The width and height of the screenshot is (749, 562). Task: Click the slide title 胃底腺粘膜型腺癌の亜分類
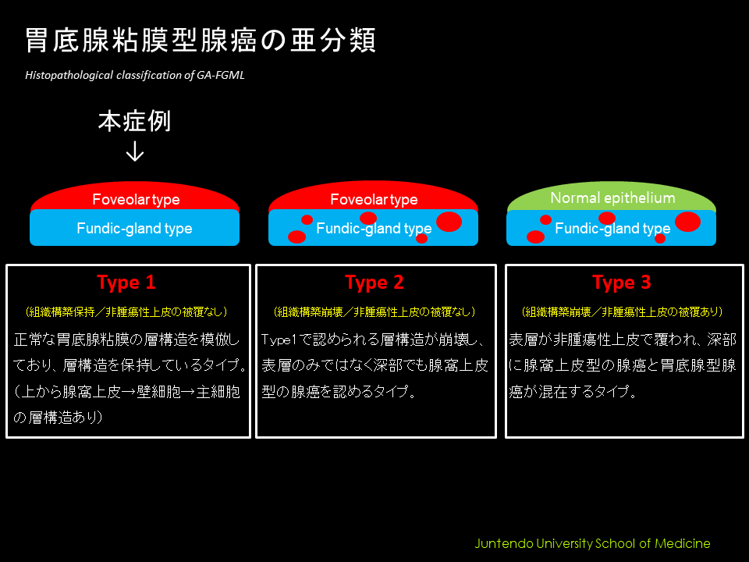[x=201, y=40]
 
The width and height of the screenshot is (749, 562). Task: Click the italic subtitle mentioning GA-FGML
[x=135, y=75]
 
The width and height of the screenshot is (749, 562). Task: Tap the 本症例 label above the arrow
[x=134, y=121]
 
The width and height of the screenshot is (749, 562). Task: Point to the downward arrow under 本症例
[x=135, y=151]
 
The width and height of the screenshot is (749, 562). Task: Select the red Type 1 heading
[x=126, y=283]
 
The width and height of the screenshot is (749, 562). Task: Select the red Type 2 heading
[x=374, y=283]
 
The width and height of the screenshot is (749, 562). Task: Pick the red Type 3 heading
[x=622, y=283]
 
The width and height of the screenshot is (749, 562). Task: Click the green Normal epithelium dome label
[x=612, y=197]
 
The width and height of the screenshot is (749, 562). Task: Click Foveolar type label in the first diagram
[x=136, y=199]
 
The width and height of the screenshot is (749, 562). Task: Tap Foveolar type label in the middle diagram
[x=374, y=199]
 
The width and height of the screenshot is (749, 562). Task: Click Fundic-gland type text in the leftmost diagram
[x=134, y=229]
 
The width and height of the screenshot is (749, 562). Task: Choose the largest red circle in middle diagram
[x=449, y=221]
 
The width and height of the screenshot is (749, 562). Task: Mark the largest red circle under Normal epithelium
[x=688, y=221]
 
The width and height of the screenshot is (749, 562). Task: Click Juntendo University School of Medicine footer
[x=592, y=543]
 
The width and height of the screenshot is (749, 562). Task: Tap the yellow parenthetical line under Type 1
[x=126, y=312]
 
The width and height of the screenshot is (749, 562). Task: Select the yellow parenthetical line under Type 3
[x=622, y=312]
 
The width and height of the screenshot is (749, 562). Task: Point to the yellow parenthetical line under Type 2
[x=374, y=312]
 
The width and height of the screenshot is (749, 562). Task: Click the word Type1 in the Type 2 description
[x=279, y=340]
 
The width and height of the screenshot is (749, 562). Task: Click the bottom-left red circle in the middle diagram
[x=297, y=237]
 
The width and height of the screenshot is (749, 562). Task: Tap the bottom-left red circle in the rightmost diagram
[x=535, y=237]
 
